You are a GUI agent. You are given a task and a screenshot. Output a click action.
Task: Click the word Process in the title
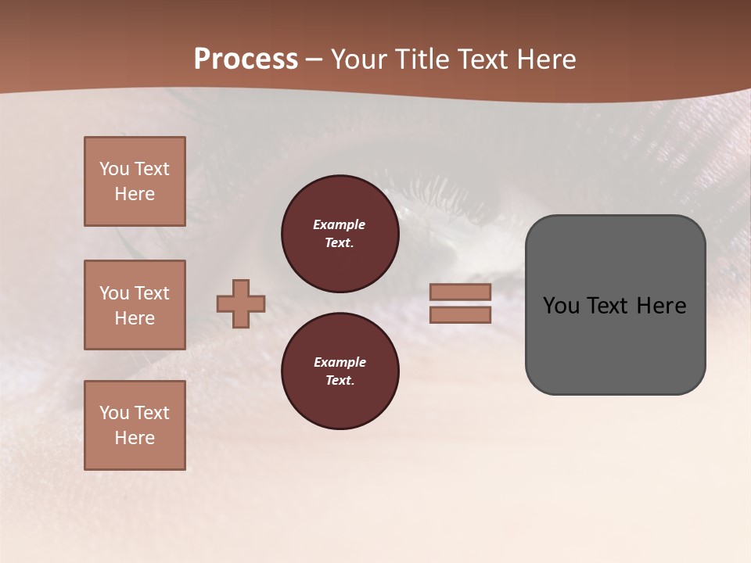(x=246, y=59)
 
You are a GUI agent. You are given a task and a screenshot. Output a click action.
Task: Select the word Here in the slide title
(x=542, y=59)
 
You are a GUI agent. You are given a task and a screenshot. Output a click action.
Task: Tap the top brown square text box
(x=135, y=181)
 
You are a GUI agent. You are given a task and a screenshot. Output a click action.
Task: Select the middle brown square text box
(x=135, y=305)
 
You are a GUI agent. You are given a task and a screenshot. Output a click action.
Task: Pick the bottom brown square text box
(x=135, y=425)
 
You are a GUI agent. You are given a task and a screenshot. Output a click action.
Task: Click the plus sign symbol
(x=241, y=303)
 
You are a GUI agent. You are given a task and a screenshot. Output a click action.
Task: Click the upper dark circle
(x=340, y=234)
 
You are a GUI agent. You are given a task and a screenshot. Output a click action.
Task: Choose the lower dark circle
(x=340, y=371)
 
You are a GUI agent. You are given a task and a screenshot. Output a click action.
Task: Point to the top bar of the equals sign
(x=460, y=292)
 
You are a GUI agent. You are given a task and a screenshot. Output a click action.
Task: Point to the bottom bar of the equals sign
(x=460, y=314)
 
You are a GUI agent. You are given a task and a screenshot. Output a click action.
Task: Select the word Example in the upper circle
(x=340, y=224)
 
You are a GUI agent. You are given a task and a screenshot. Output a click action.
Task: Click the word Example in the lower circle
(x=340, y=362)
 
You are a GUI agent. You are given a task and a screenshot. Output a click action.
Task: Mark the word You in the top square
(x=113, y=169)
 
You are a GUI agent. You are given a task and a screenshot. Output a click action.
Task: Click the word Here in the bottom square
(x=135, y=438)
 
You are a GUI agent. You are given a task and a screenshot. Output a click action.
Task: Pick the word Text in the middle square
(x=152, y=293)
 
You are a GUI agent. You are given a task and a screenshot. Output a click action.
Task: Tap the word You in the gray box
(x=560, y=306)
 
